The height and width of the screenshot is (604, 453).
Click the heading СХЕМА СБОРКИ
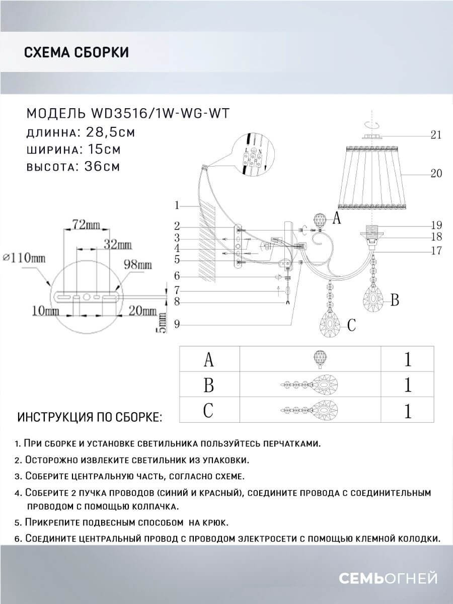tap(76, 52)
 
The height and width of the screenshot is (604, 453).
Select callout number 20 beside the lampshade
tap(436, 173)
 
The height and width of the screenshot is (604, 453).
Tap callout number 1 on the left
tap(177, 205)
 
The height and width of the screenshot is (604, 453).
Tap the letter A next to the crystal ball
tap(337, 218)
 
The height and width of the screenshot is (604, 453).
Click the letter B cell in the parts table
tap(209, 385)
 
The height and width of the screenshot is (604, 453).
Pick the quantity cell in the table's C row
tap(407, 411)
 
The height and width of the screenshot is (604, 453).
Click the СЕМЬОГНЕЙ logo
tap(387, 578)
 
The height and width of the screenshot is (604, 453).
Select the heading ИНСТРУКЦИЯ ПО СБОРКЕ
tap(90, 418)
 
